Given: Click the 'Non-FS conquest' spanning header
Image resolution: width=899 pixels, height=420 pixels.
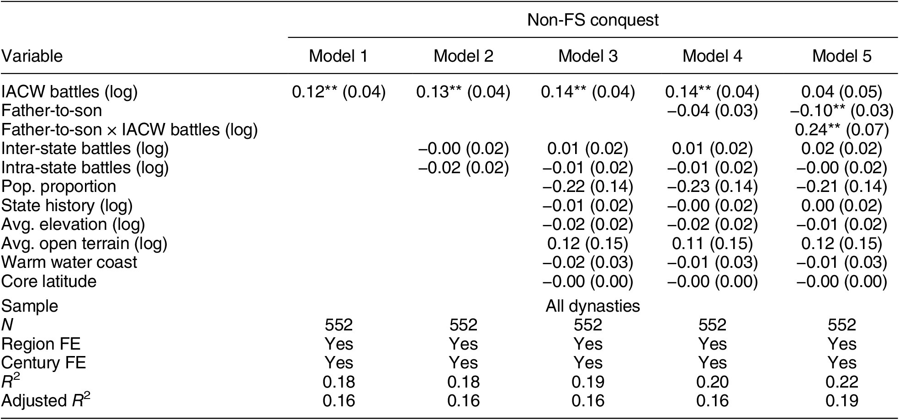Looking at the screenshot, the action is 593,20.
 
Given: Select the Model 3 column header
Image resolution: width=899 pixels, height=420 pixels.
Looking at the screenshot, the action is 588,56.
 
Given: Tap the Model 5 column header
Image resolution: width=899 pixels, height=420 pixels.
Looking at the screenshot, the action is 841,56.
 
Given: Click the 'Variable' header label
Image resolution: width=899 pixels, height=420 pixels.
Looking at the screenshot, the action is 32,56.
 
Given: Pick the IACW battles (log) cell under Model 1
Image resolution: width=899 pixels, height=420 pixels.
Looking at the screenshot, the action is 339,92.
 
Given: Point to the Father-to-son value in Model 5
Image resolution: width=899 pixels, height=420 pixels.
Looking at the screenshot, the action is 841,111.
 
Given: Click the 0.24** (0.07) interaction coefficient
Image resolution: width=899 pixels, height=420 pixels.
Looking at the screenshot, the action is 841,130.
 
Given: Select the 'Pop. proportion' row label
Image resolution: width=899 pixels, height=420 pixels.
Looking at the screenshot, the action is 58,186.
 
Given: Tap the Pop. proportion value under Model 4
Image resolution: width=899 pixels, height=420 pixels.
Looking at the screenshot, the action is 712,186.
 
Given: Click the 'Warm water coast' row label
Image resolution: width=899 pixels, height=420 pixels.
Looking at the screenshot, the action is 69,262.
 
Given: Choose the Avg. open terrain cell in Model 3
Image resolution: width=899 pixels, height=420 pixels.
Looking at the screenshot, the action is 588,244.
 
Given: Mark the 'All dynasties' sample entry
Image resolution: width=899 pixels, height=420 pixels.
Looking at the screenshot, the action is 593,306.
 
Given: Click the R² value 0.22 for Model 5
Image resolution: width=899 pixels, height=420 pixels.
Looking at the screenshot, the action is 841,382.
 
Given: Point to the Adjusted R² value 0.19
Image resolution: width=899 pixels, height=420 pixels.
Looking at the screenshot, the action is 841,401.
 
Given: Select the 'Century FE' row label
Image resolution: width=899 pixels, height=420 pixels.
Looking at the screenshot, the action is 43,363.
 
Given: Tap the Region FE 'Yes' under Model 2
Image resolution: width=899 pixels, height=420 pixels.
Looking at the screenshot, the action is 463,344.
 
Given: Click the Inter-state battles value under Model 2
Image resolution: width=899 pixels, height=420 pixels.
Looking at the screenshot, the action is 463,149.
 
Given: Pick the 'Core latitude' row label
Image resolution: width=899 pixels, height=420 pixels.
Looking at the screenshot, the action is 49,281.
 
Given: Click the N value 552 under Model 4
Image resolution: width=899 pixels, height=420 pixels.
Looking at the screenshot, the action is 712,325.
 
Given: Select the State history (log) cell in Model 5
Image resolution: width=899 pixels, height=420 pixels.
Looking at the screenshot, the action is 841,206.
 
